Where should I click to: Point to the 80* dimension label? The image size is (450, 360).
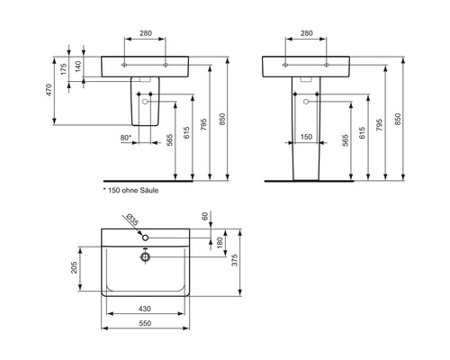126,138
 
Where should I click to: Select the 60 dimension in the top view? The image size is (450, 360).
206,218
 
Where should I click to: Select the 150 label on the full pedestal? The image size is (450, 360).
306,138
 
